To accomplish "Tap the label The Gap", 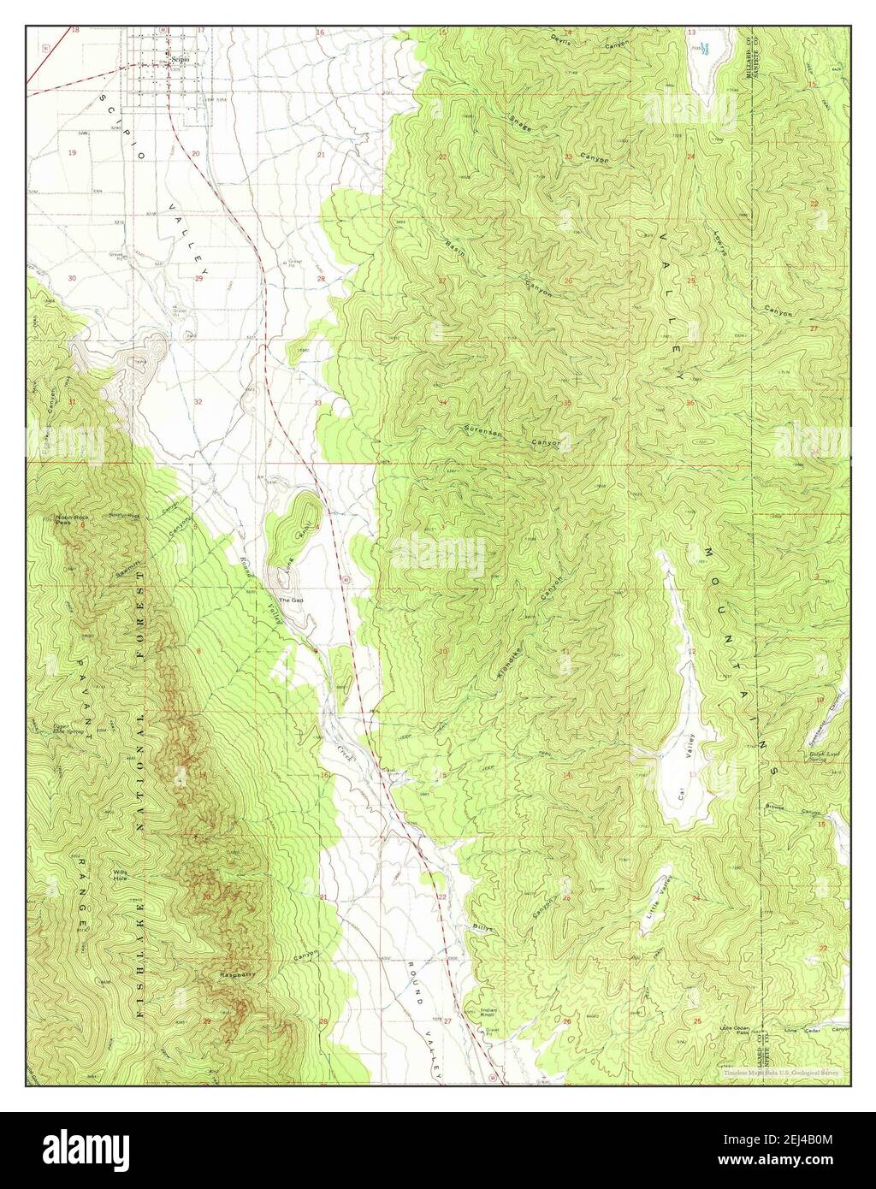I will pyautogui.click(x=292, y=600).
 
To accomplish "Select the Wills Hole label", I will pyautogui.click(x=121, y=875).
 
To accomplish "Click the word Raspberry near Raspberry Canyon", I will pyautogui.click(x=237, y=974).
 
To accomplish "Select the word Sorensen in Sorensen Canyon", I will pyautogui.click(x=485, y=430).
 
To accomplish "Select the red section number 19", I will pyautogui.click(x=73, y=152).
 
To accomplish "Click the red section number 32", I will pyautogui.click(x=198, y=401).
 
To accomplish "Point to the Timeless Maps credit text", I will pyautogui.click(x=778, y=1071).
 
